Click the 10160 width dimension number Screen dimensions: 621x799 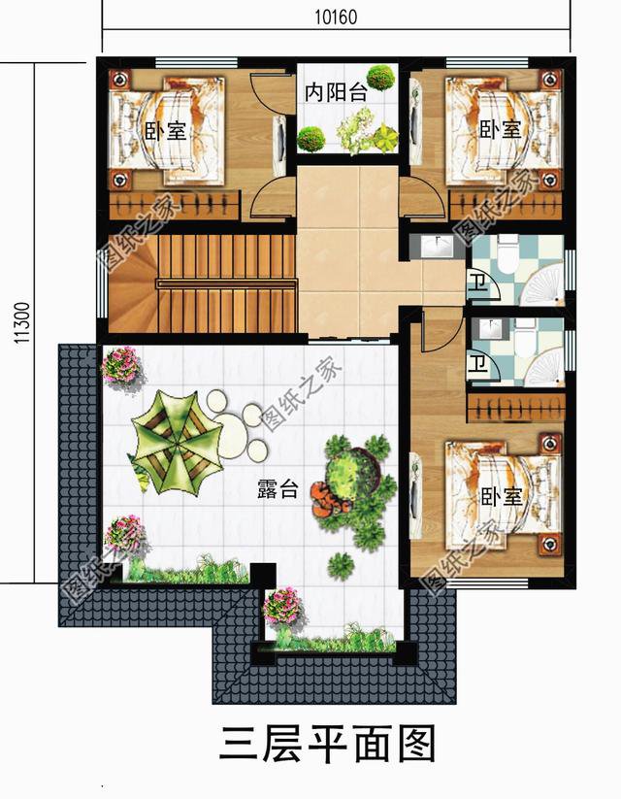click(x=337, y=17)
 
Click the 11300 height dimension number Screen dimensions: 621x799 click(x=22, y=323)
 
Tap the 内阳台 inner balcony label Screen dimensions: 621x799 click(x=337, y=92)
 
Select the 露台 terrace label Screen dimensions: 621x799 click(x=278, y=489)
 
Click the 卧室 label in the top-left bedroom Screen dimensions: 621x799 click(x=166, y=131)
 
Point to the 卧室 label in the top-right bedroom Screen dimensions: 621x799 click(x=501, y=129)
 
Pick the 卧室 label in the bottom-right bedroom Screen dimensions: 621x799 click(x=502, y=496)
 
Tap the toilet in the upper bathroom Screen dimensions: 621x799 click(x=507, y=256)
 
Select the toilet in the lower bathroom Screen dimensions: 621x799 click(x=522, y=339)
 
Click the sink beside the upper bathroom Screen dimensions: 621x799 click(x=437, y=248)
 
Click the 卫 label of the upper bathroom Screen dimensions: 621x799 click(x=476, y=283)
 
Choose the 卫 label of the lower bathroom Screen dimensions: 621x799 click(x=476, y=364)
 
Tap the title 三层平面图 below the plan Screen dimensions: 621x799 click(x=328, y=745)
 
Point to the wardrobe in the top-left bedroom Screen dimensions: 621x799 click(x=175, y=206)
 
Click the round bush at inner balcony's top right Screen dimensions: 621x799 click(x=381, y=77)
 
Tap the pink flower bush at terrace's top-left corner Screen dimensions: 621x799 click(x=120, y=364)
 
